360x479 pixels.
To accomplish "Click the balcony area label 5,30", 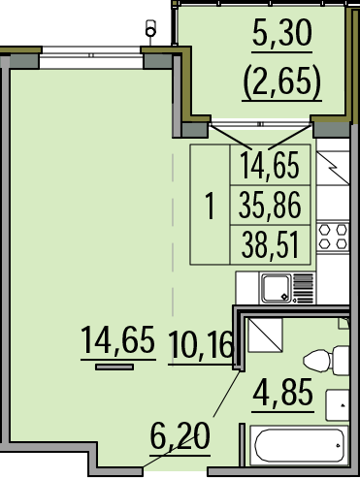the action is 282,33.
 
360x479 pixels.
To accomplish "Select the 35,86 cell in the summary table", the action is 270,206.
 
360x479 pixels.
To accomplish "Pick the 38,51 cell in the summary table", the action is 270,245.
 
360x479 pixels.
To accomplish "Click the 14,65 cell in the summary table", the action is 270,165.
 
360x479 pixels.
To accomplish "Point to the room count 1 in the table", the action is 211,206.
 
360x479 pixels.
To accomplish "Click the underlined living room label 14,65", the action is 117,339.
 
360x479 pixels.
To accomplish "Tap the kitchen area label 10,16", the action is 201,344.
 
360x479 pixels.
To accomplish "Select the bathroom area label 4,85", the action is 283,392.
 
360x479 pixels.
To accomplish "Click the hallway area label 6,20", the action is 180,435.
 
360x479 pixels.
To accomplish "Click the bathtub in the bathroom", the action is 299,446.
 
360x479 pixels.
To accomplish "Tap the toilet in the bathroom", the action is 326,360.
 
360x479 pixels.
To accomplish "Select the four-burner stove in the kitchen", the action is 333,237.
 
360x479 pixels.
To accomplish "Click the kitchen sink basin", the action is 276,288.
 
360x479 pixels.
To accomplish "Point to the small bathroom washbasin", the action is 337,405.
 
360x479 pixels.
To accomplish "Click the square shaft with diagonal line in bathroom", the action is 265,335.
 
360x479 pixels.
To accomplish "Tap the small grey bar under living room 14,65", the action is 115,367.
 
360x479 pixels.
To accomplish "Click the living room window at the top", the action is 91,55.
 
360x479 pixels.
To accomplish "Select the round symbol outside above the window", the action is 150,31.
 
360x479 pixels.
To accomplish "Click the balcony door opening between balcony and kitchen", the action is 260,124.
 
